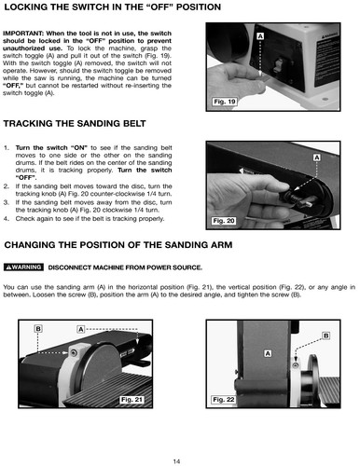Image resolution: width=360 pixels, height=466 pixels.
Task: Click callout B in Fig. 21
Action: [x=38, y=329]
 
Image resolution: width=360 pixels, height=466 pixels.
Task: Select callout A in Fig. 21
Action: [x=81, y=329]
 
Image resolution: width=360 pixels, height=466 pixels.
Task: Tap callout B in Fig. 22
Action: [x=325, y=336]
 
